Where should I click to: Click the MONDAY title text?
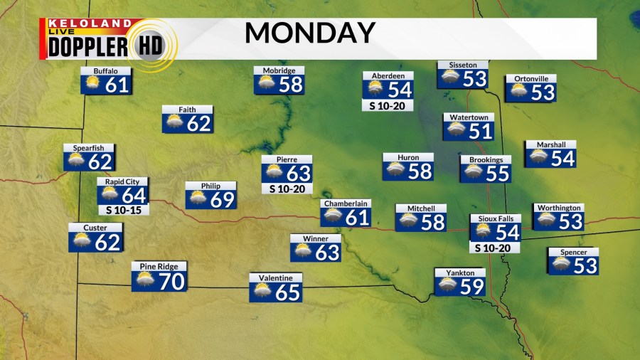point(310,33)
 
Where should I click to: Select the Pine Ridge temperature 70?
point(171,281)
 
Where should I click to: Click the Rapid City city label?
point(122,181)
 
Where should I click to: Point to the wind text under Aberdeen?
point(388,106)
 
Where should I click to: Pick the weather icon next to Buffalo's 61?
point(92,85)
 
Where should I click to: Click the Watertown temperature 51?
point(481,131)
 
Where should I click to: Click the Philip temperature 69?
point(222,199)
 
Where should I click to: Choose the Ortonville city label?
point(530,78)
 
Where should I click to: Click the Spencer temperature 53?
point(585,265)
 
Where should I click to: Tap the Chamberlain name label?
point(346,203)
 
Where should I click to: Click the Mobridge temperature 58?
point(290,85)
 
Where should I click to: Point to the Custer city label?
point(95,227)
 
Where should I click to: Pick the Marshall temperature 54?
point(562,158)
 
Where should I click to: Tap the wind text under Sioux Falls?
point(495,248)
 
